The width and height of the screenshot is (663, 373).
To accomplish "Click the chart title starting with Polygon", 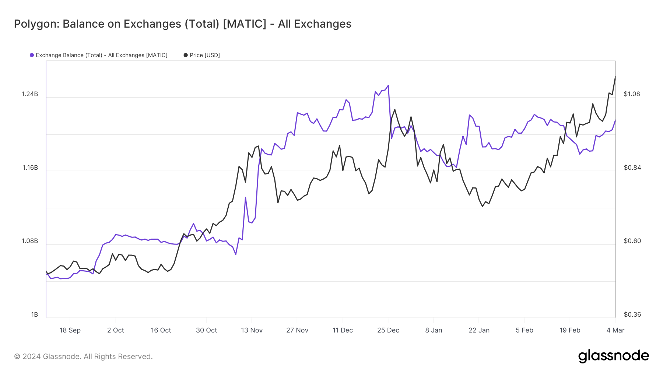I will [182, 24].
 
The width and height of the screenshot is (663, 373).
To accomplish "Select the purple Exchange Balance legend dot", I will [32, 55].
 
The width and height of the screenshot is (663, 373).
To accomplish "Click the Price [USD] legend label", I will [204, 55].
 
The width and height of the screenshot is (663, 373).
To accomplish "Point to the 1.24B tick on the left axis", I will [30, 94].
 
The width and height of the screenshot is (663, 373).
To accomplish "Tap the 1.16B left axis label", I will [30, 168].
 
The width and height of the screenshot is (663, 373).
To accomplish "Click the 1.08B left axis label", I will [30, 241].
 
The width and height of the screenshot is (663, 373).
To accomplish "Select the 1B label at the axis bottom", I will [35, 314].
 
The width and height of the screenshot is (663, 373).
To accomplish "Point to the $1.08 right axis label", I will [632, 94].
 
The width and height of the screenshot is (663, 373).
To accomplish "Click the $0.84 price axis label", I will [632, 168].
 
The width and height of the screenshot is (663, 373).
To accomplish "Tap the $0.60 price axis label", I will [632, 241].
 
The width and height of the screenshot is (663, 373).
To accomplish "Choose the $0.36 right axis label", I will [632, 314].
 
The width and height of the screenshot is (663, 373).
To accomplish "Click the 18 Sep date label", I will [70, 330].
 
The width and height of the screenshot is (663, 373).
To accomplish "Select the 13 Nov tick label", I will [252, 330].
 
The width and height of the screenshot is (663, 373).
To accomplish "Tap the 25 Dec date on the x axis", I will [388, 330].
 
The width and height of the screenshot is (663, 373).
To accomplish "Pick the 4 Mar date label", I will [615, 330].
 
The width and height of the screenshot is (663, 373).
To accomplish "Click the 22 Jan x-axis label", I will [479, 330].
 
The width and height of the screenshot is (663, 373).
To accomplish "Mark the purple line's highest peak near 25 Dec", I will [388, 86].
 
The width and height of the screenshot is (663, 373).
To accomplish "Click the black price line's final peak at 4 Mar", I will [615, 77].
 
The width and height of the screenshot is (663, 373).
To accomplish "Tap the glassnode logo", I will [613, 356].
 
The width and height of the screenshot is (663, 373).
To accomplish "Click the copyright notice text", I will [83, 356].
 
